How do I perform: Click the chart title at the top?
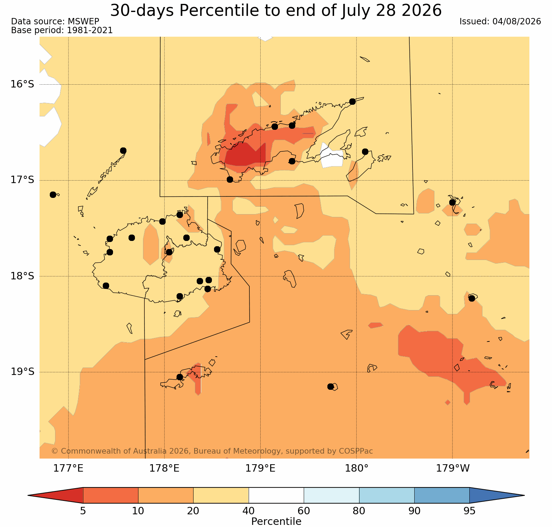(276, 10)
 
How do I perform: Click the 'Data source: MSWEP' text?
(55, 22)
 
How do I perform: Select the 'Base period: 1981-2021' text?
(62, 30)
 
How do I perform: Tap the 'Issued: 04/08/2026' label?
(500, 22)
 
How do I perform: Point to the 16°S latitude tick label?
(22, 84)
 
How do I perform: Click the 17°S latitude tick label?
(22, 180)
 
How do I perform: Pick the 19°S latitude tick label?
(22, 372)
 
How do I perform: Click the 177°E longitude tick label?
(68, 468)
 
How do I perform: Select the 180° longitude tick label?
(356, 468)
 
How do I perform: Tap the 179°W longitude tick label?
(453, 468)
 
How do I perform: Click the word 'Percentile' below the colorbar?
(276, 521)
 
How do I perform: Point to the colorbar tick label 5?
(83, 511)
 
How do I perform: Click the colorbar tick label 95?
(469, 511)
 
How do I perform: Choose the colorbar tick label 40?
(249, 511)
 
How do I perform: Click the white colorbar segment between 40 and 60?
(276, 495)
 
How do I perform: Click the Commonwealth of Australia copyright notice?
(212, 451)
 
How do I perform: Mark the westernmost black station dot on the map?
(53, 195)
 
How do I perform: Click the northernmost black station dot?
(352, 102)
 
